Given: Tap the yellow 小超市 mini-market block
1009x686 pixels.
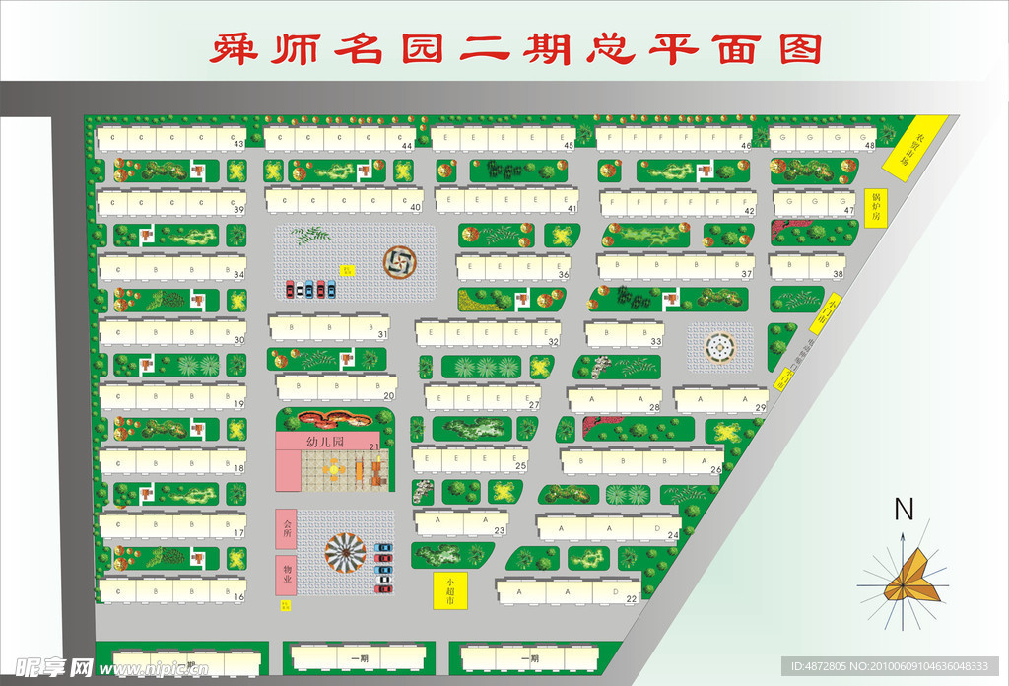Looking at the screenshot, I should click(x=449, y=589).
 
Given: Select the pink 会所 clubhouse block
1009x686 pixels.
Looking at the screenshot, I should click(x=287, y=528).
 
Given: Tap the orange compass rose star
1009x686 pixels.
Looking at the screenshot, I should click(x=904, y=579).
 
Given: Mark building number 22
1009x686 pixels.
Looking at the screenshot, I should click(x=632, y=598).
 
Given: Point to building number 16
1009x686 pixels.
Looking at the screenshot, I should click(x=238, y=596).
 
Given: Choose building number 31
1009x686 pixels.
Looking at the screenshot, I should click(x=381, y=335).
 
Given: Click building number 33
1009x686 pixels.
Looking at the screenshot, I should click(x=656, y=341).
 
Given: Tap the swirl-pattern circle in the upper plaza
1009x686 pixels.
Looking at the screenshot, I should click(x=399, y=261).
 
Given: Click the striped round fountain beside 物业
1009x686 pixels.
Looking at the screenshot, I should click(x=345, y=553).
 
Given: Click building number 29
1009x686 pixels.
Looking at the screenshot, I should click(x=760, y=407).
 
